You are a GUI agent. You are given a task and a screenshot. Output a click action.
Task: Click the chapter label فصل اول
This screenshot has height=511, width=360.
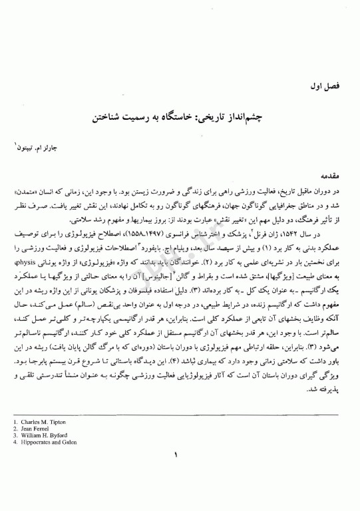pos(309,86)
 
